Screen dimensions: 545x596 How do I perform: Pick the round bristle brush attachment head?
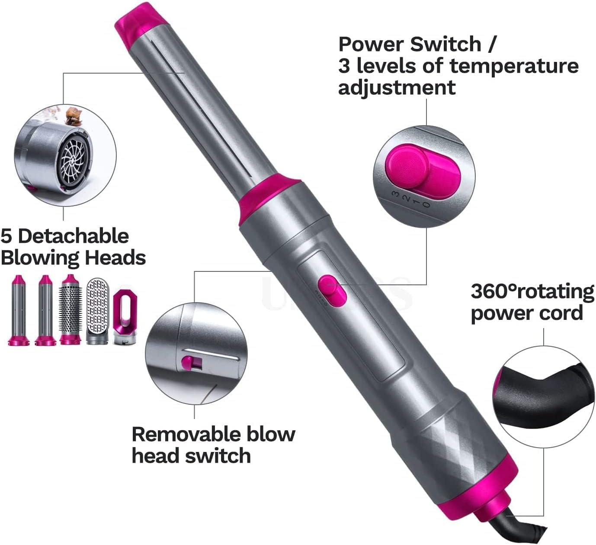70,310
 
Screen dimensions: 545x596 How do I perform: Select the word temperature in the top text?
514,66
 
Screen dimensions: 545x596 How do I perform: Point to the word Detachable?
74,236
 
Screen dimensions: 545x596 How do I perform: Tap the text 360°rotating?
532,291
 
